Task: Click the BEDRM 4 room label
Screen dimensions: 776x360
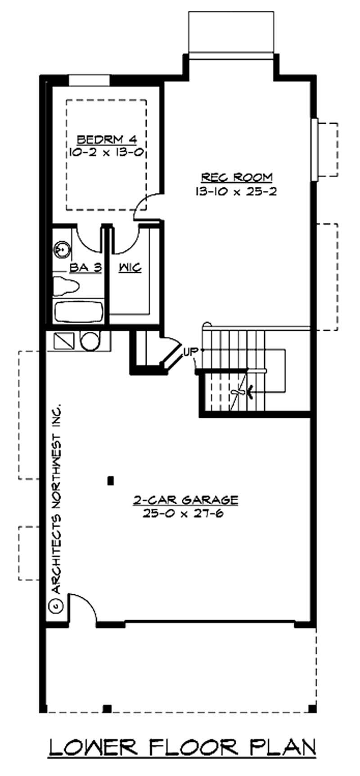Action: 107,139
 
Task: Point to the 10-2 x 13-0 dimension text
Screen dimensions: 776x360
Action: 107,152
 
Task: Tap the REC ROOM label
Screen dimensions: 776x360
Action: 236,177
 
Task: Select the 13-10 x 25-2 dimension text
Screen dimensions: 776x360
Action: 236,191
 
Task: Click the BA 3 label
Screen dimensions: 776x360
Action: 85,268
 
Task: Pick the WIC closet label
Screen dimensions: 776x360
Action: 130,268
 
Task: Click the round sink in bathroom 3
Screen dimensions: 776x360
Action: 61,248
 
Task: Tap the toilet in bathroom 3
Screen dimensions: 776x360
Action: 66,285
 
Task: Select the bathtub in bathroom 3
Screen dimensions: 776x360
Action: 78,311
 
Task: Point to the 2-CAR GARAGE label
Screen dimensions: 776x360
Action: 185,500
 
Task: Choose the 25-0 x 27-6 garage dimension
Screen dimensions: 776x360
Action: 183,514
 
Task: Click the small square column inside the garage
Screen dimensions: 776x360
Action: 110,481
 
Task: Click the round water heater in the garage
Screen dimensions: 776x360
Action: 90,341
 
